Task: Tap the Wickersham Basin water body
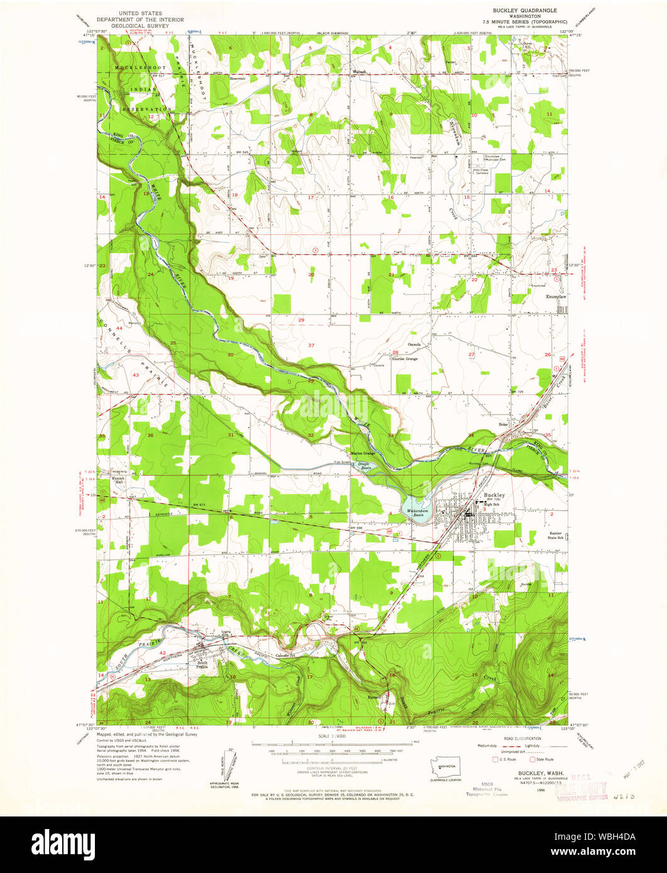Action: pyautogui.click(x=416, y=504)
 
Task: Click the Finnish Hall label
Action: pyautogui.click(x=119, y=480)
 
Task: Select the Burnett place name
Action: pyautogui.click(x=376, y=697)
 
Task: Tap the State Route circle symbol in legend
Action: pyautogui.click(x=532, y=759)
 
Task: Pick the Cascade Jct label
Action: pyautogui.click(x=286, y=656)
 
